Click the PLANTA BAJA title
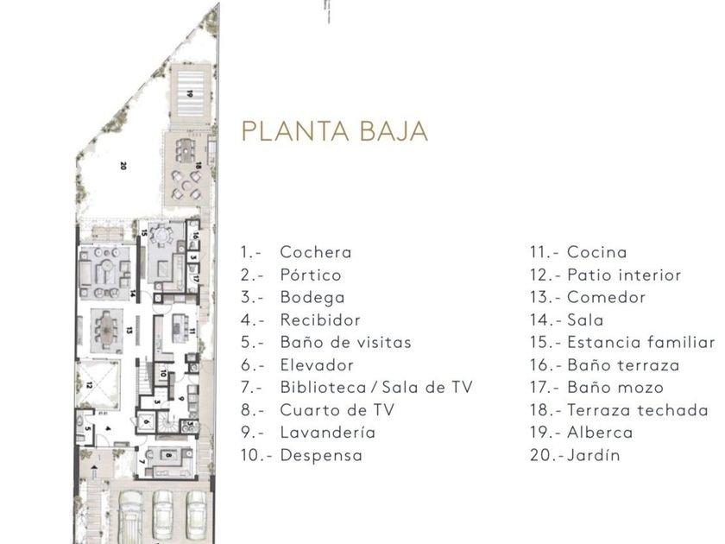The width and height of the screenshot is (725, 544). pyautogui.click(x=334, y=131)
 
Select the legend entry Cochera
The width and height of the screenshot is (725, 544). pyautogui.click(x=315, y=252)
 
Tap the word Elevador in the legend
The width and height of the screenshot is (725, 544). pyautogui.click(x=316, y=365)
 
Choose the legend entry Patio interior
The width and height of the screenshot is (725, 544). pyautogui.click(x=624, y=275)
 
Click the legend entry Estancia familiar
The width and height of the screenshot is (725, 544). pyautogui.click(x=640, y=343)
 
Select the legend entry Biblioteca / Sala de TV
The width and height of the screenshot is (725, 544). pyautogui.click(x=375, y=388)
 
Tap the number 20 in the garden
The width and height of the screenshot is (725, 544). pyautogui.click(x=123, y=165)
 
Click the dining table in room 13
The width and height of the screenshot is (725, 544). pyautogui.click(x=107, y=326)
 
